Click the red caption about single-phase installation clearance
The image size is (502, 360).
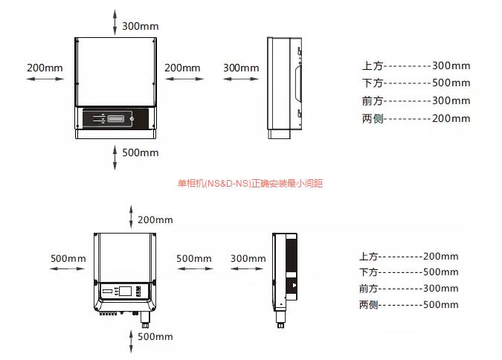click(250, 183)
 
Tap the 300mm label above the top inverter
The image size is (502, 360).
click(140, 26)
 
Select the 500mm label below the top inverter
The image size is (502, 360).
click(140, 152)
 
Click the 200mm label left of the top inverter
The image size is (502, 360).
click(45, 68)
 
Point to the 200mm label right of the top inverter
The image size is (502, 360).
click(182, 68)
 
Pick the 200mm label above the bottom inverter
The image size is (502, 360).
click(155, 219)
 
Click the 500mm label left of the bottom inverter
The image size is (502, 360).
click(68, 258)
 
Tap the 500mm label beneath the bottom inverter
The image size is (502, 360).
click(155, 336)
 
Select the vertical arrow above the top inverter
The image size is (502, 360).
click(115, 22)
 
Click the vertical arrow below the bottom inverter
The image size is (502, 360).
click(132, 340)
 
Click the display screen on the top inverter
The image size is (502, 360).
click(115, 118)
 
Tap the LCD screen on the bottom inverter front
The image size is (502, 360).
click(126, 291)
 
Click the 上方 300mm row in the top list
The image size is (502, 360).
click(416, 65)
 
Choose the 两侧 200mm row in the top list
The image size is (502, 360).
click(416, 118)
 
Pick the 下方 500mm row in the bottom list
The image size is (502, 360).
click(408, 272)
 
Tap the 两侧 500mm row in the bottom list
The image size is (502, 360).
click(408, 304)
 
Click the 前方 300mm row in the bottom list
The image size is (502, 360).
click(408, 288)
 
